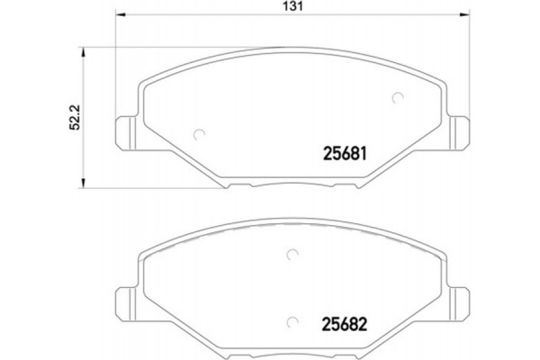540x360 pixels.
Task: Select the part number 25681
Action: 342,152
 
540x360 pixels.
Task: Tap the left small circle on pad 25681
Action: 200,135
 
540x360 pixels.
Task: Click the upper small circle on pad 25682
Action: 290,256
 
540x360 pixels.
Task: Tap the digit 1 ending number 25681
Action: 365,152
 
